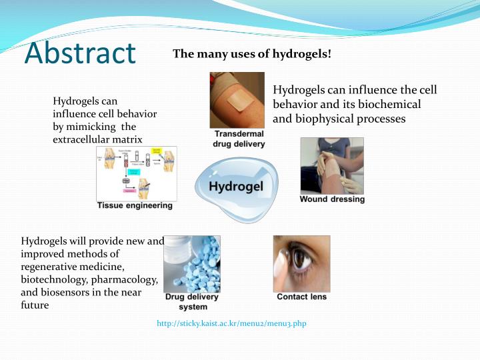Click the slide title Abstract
[79, 53]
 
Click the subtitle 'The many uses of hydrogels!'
[251, 53]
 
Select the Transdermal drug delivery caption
[239, 139]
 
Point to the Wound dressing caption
[332, 199]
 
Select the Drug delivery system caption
[192, 301]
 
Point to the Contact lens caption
[301, 297]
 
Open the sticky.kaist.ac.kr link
[231, 323]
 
